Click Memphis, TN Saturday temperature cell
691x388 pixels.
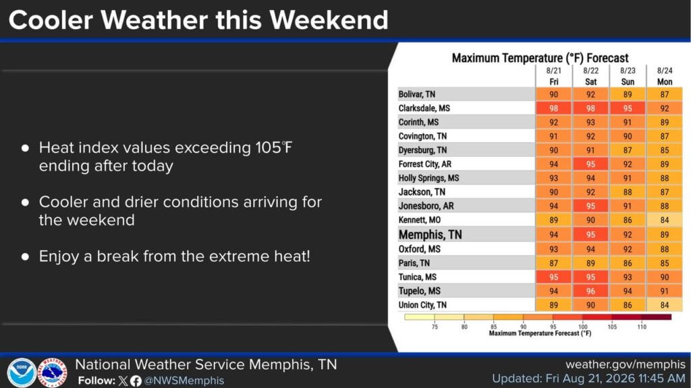tap(590, 234)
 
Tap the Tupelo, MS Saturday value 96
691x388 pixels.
tap(590, 291)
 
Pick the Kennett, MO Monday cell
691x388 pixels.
tap(665, 220)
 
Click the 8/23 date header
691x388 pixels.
tap(628, 71)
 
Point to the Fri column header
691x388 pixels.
tap(554, 82)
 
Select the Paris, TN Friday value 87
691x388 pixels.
tap(553, 263)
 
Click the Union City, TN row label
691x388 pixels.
tap(422, 305)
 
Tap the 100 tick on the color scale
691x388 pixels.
tap(582, 327)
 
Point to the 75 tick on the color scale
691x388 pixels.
tap(435, 327)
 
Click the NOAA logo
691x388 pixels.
tap(21, 373)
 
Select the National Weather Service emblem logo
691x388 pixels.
tap(52, 373)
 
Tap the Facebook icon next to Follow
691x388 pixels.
tap(136, 381)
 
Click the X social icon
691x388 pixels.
tap(123, 381)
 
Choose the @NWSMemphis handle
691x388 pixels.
tap(184, 381)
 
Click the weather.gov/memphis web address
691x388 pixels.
tap(626, 364)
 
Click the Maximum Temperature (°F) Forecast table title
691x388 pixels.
tap(540, 58)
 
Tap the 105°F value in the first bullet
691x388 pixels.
tap(274, 148)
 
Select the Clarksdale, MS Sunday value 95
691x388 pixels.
tap(628, 108)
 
